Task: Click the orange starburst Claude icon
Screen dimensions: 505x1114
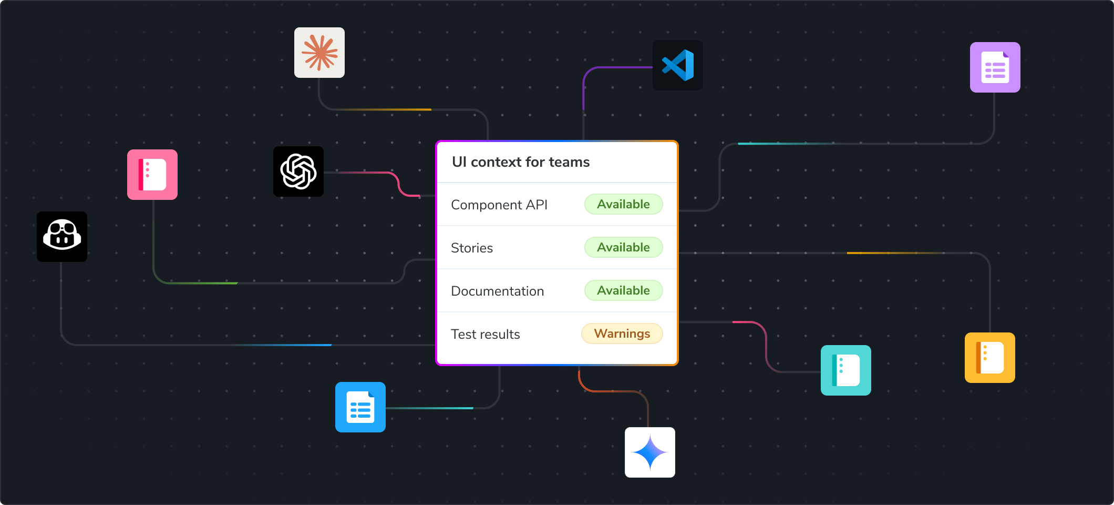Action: tap(319, 53)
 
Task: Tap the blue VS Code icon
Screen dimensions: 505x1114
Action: tap(678, 65)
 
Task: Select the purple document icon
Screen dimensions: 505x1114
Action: tap(995, 67)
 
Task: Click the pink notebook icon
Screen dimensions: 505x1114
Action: tap(152, 175)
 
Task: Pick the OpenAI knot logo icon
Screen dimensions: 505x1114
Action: tap(298, 171)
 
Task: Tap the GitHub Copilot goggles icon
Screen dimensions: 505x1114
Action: tap(62, 237)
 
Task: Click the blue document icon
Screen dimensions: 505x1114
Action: tap(360, 407)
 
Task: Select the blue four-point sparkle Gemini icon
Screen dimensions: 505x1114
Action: tap(650, 452)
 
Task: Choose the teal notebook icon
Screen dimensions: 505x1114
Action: tap(846, 370)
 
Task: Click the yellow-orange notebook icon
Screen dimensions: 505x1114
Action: tap(990, 358)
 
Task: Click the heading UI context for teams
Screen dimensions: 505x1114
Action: tap(520, 162)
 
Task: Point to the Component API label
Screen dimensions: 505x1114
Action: tap(499, 205)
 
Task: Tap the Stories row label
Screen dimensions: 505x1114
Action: tap(472, 248)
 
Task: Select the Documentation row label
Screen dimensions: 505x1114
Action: tap(497, 291)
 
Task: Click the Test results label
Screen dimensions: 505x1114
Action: tap(486, 334)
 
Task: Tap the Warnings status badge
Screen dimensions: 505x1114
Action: tap(622, 334)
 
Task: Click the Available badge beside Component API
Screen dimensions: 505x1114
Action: tap(623, 204)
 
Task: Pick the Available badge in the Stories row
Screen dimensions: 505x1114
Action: tap(623, 247)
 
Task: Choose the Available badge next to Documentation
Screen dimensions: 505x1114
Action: tap(623, 290)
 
